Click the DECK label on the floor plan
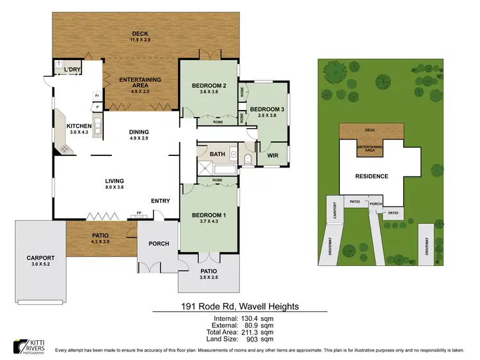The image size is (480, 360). pos(140,33)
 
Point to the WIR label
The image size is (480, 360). pos(271,155)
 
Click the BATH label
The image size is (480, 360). pos(217,154)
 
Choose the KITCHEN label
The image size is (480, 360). pos(80,126)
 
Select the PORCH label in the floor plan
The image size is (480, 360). pos(158,243)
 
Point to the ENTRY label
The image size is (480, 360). pos(161,201)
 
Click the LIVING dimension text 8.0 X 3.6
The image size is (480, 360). pos(115,187)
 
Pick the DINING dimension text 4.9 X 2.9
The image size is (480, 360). pos(139,139)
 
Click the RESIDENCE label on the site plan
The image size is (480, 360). pos(372,176)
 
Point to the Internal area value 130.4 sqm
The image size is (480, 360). pos(257,318)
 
